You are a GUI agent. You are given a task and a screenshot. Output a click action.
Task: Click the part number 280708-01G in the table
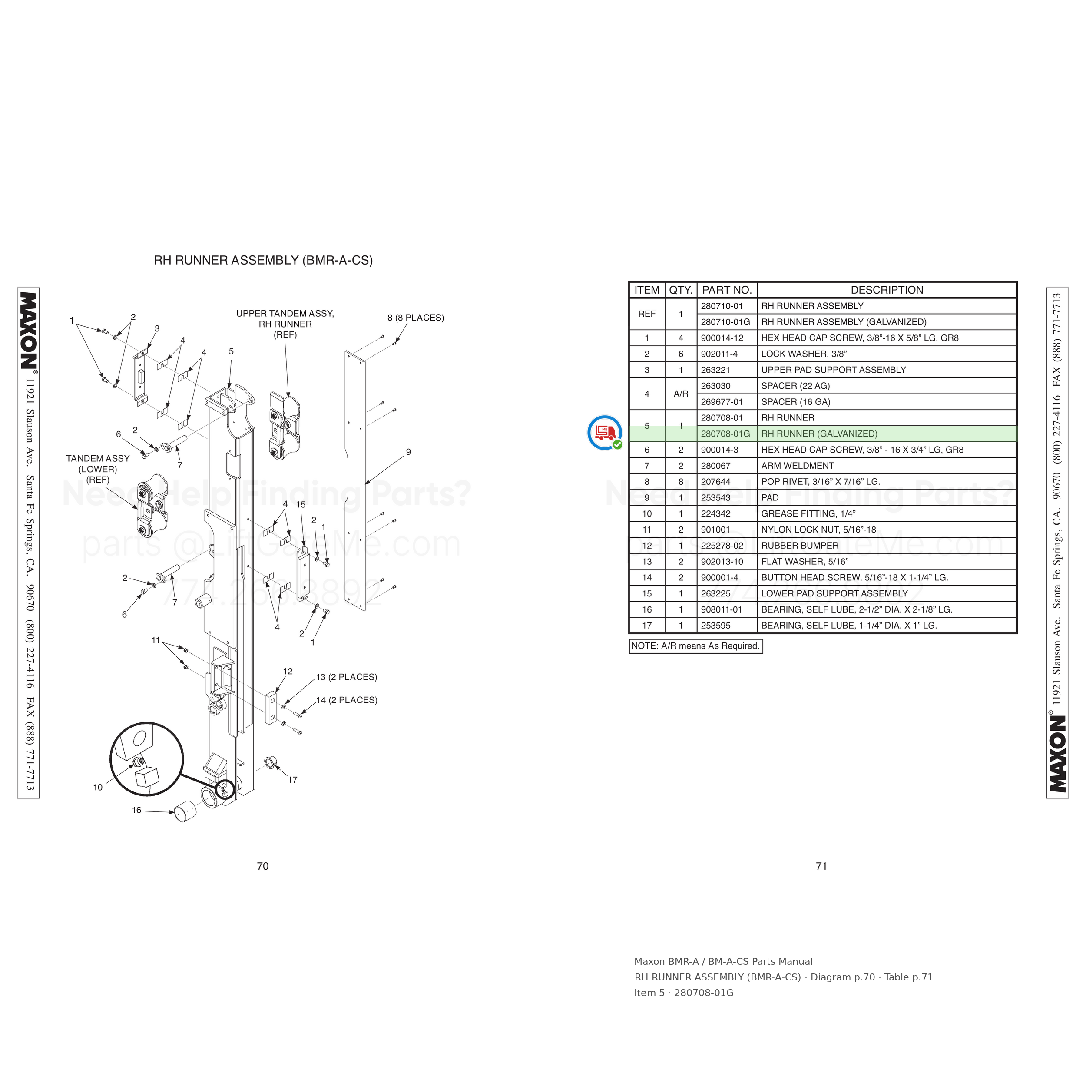[x=725, y=434]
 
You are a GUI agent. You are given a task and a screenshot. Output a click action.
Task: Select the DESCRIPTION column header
[x=887, y=290]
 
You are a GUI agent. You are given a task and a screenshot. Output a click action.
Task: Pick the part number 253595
[x=715, y=626]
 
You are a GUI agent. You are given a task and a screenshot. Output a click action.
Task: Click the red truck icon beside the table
[x=605, y=432]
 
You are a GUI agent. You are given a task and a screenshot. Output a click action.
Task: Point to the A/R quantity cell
[x=681, y=394]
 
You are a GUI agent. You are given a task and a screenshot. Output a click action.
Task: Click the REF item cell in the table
[x=646, y=314]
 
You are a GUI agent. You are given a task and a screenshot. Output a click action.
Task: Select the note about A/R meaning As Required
[x=695, y=646]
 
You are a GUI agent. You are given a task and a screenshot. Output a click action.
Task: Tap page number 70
[x=262, y=866]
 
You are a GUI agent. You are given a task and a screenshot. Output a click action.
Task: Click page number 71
[x=821, y=866]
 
